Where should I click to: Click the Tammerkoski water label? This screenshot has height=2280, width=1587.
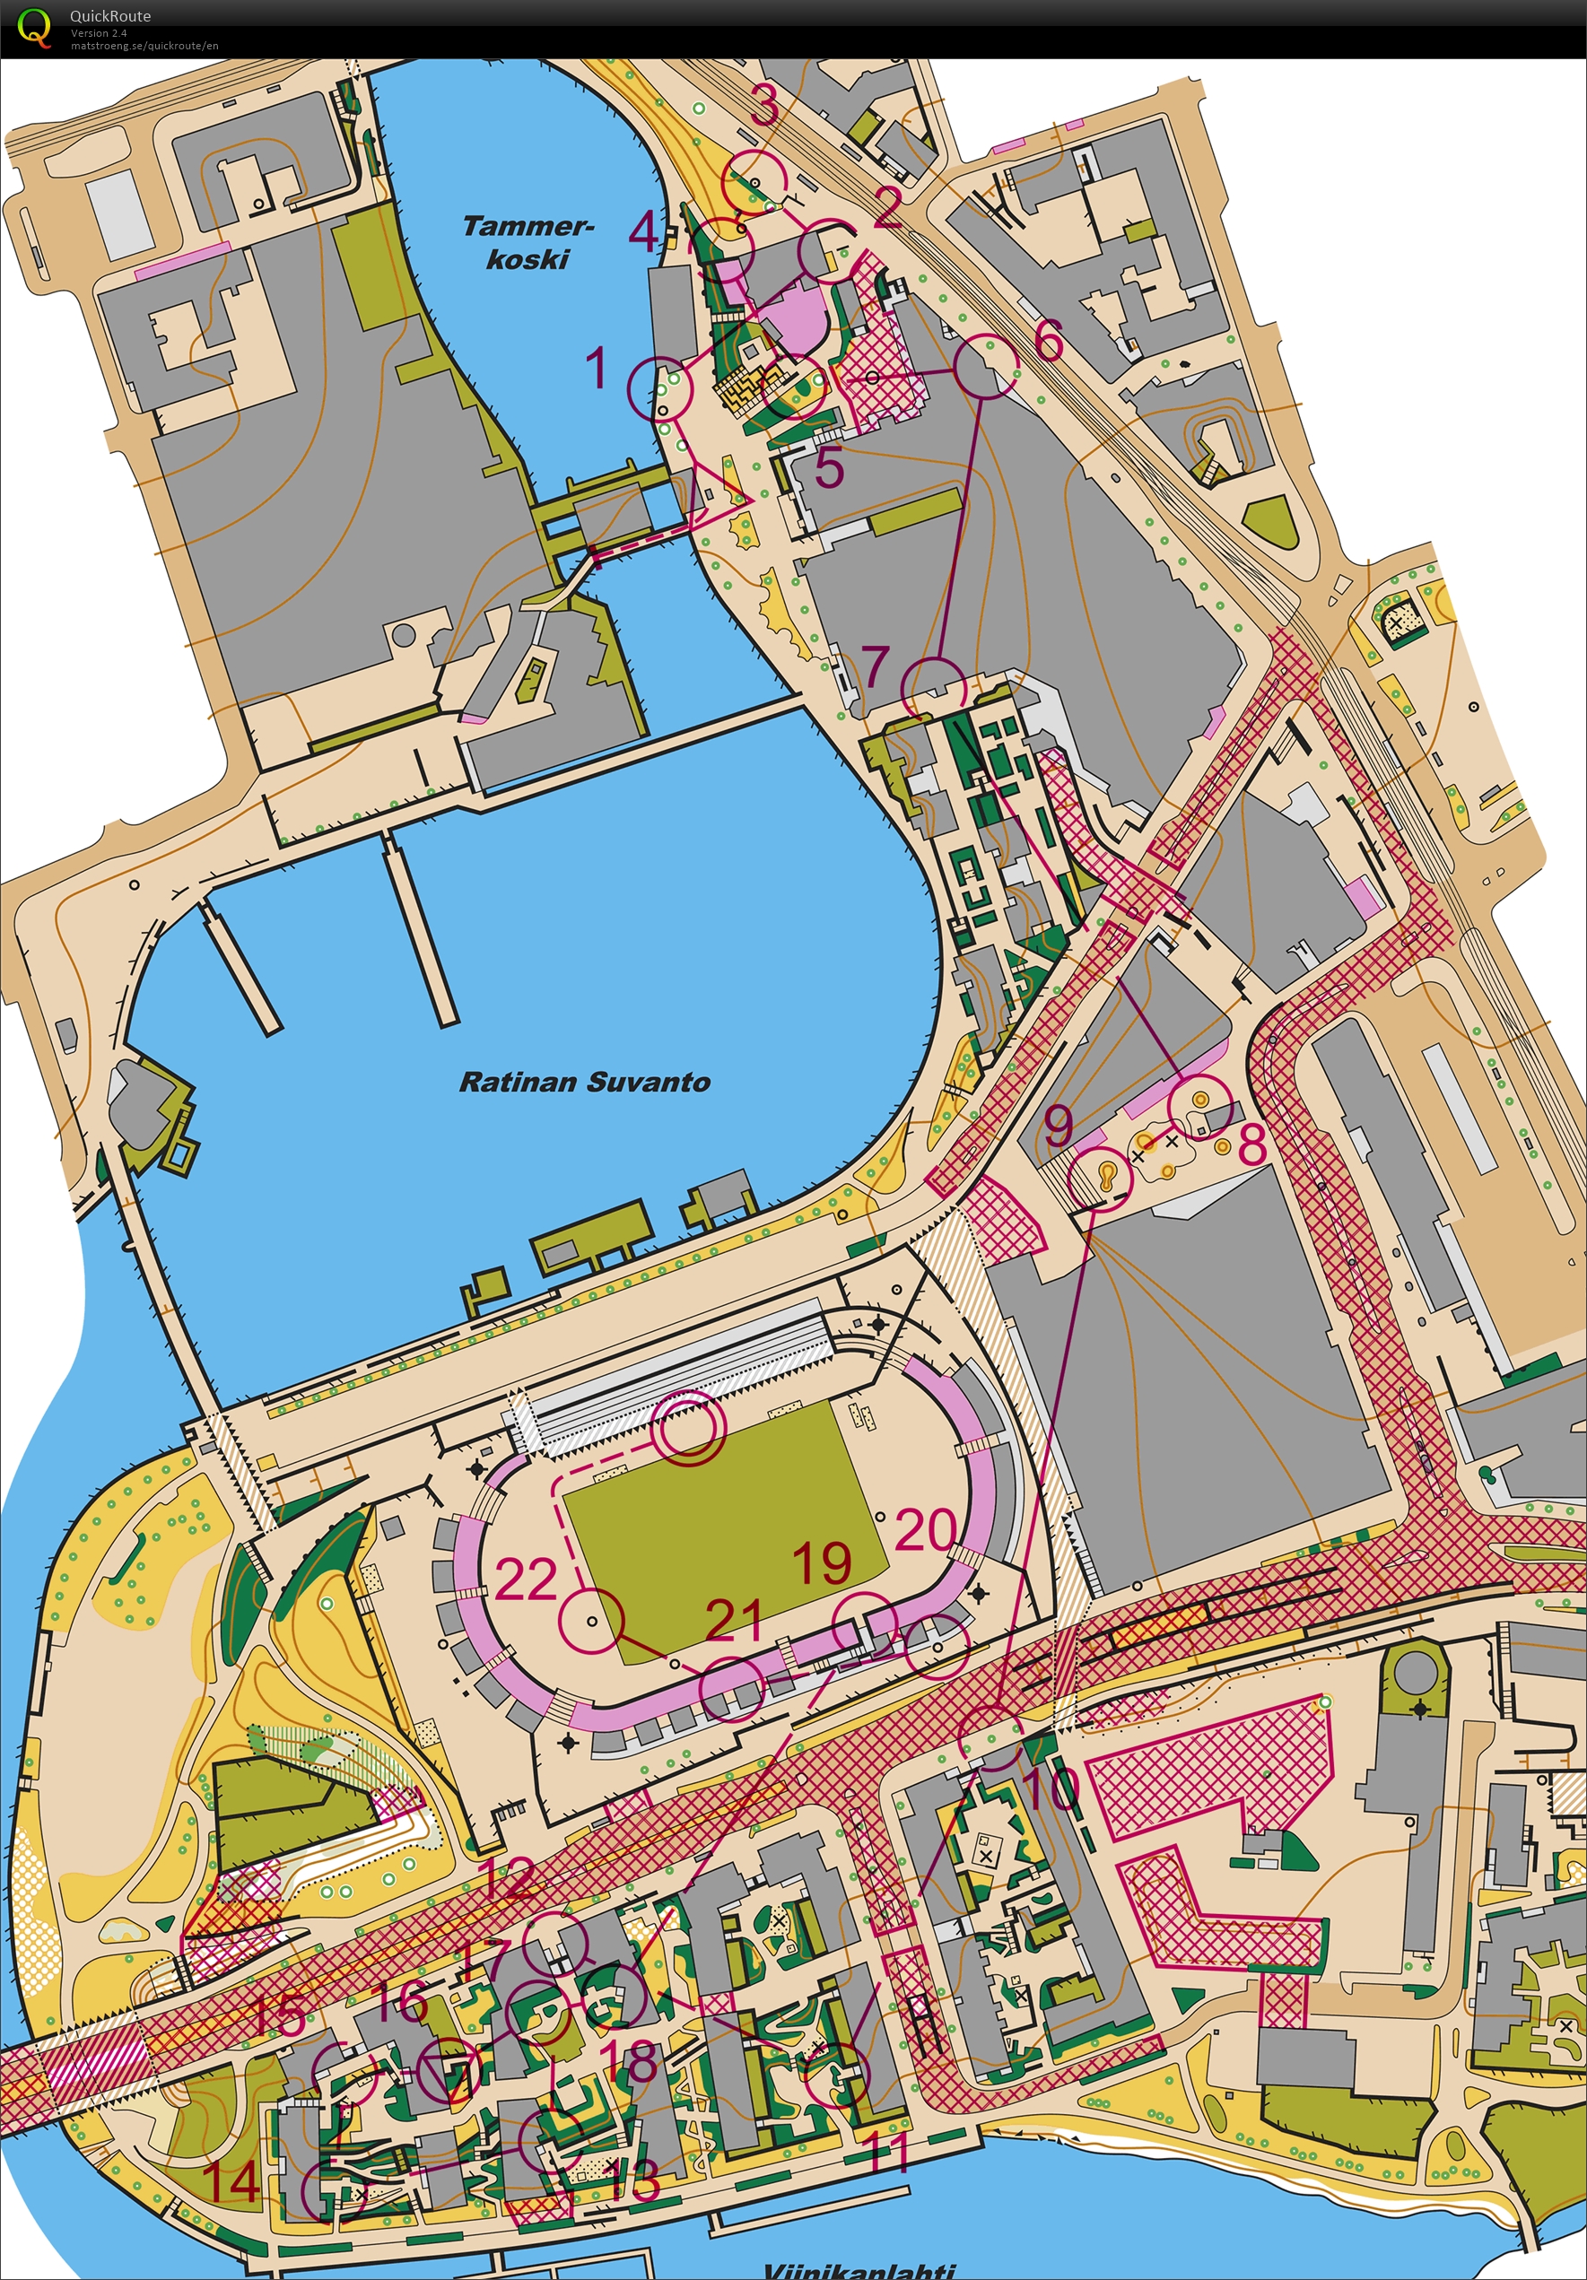(528, 242)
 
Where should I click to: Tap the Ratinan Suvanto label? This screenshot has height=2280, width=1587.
(584, 1083)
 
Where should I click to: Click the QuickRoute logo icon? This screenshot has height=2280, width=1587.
(34, 27)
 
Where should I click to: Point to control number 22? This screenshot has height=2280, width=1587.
(526, 1578)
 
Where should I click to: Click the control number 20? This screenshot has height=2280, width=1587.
(926, 1529)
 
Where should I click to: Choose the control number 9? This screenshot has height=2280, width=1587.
(1059, 1125)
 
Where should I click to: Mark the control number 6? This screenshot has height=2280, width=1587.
(1049, 341)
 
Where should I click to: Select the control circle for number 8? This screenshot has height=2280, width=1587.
(1200, 1107)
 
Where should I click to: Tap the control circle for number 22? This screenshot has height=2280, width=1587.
(591, 1620)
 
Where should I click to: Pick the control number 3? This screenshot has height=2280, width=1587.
(763, 105)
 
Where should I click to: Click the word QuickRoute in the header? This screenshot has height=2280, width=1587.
(109, 16)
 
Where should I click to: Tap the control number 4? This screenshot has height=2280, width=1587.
(643, 232)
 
